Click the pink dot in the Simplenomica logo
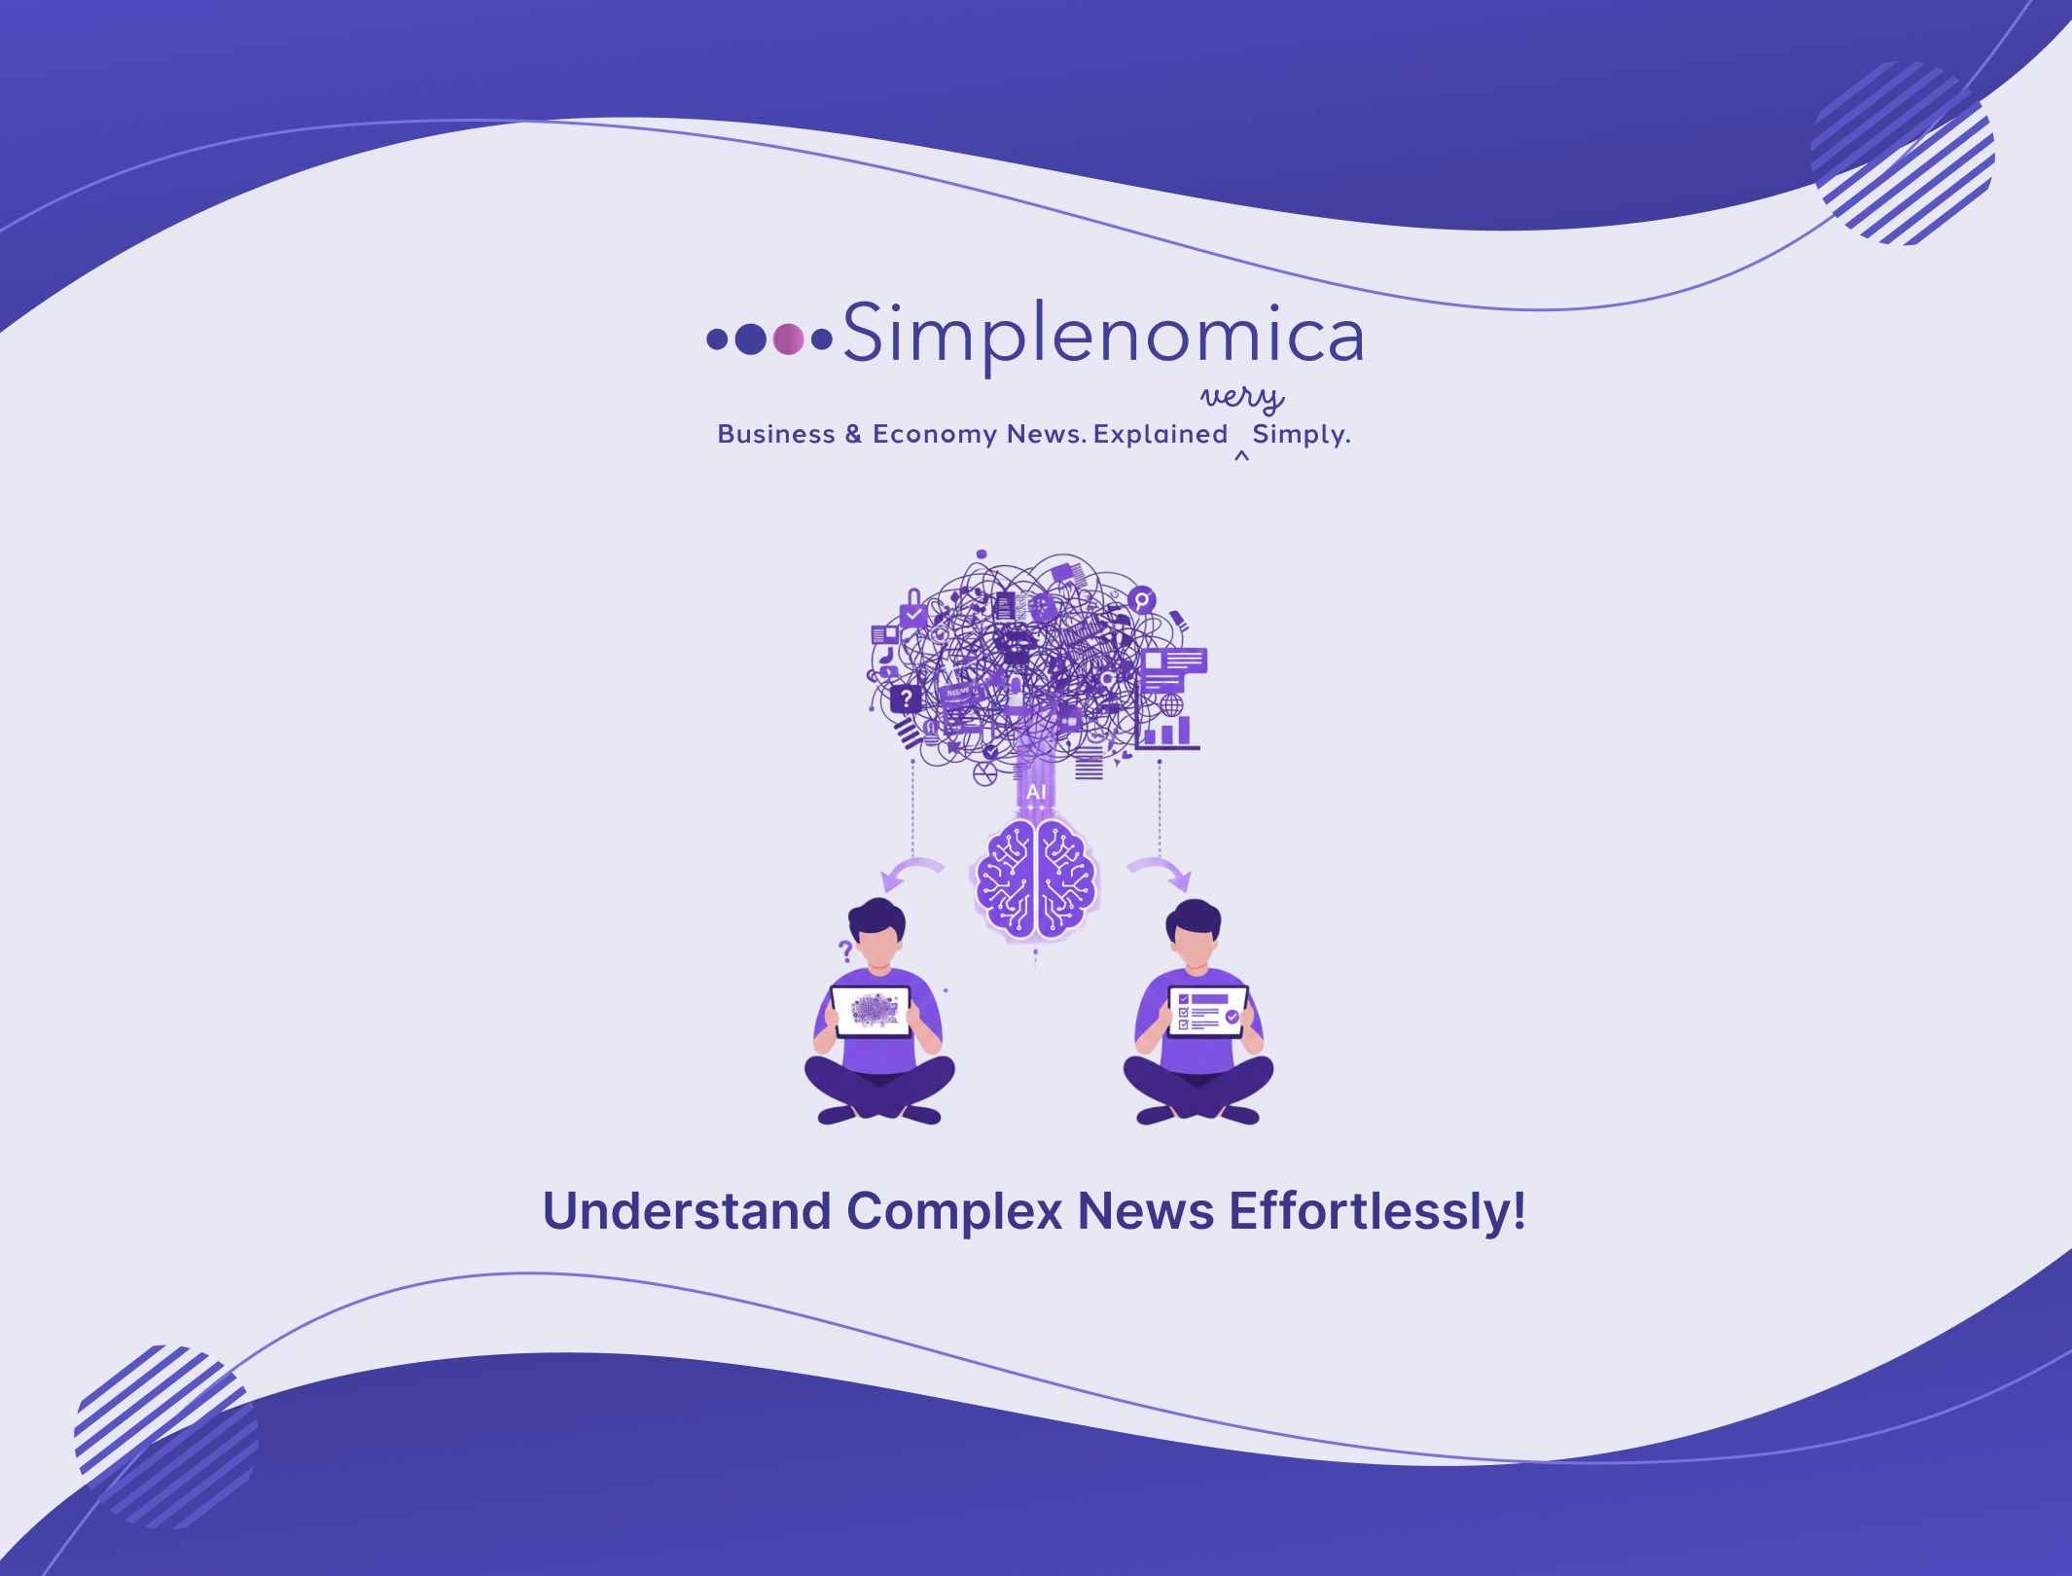pyautogui.click(x=788, y=339)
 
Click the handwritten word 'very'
pyautogui.click(x=1242, y=397)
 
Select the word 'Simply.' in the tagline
pyautogui.click(x=1302, y=434)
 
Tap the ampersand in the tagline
pyautogui.click(x=853, y=434)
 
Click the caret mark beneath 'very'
pyautogui.click(x=1241, y=455)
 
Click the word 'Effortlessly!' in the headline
pyautogui.click(x=1376, y=1211)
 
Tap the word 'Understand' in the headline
pyautogui.click(x=687, y=1211)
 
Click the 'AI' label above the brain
pyautogui.click(x=1036, y=792)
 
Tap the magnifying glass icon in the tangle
pyautogui.click(x=1142, y=600)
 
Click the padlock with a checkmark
pyautogui.click(x=912, y=611)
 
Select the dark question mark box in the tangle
pyautogui.click(x=906, y=698)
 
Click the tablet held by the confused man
pyautogui.click(x=871, y=1012)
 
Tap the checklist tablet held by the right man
pyautogui.click(x=1207, y=1012)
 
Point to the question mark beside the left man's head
pyautogui.click(x=845, y=950)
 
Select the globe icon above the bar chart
pyautogui.click(x=1171, y=703)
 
